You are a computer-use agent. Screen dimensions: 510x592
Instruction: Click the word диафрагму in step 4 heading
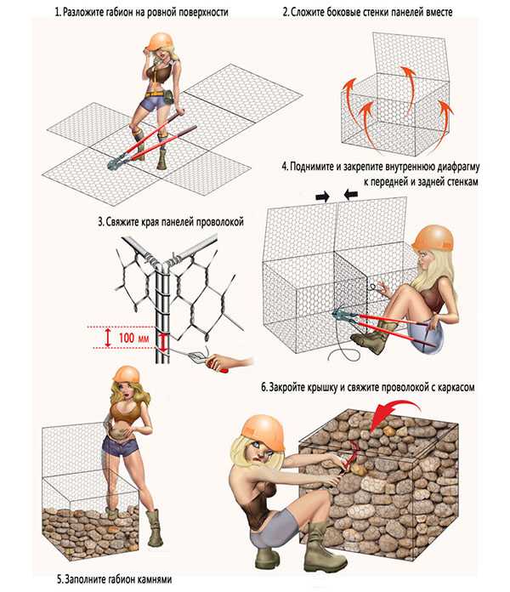click(458, 167)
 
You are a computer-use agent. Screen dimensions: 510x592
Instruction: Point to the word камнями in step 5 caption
click(153, 578)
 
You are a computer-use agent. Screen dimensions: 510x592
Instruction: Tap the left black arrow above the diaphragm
click(322, 196)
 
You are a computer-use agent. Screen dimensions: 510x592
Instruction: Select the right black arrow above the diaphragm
click(351, 195)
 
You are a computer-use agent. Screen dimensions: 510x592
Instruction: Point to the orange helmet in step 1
click(159, 41)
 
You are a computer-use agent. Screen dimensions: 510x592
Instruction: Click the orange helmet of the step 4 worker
click(433, 237)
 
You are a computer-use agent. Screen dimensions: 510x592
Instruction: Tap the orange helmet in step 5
click(127, 373)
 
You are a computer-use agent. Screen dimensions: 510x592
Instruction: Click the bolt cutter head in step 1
click(115, 162)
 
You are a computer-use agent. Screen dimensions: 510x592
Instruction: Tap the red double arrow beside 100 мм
click(108, 338)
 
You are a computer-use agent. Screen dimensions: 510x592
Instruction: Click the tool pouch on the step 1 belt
click(167, 99)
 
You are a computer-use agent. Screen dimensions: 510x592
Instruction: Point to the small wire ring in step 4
click(373, 287)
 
